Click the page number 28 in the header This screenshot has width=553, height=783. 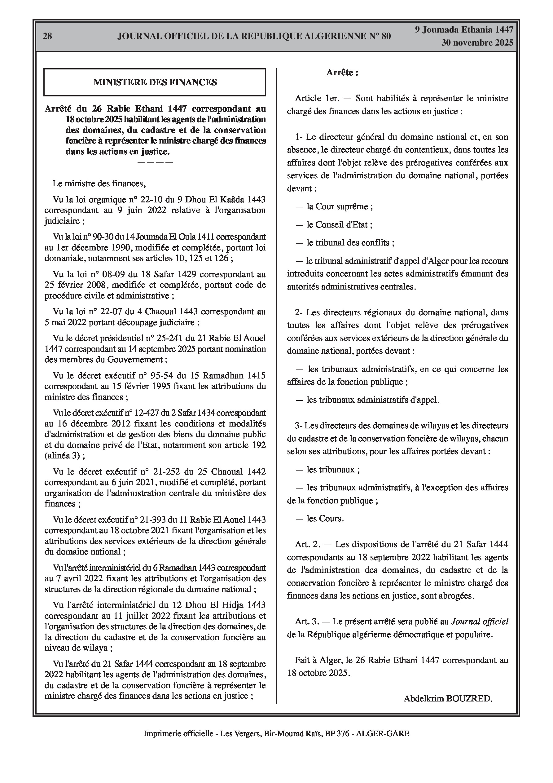47,36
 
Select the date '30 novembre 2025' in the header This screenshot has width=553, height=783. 477,43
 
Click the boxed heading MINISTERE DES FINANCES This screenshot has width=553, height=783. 155,82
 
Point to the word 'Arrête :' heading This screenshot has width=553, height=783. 342,72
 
